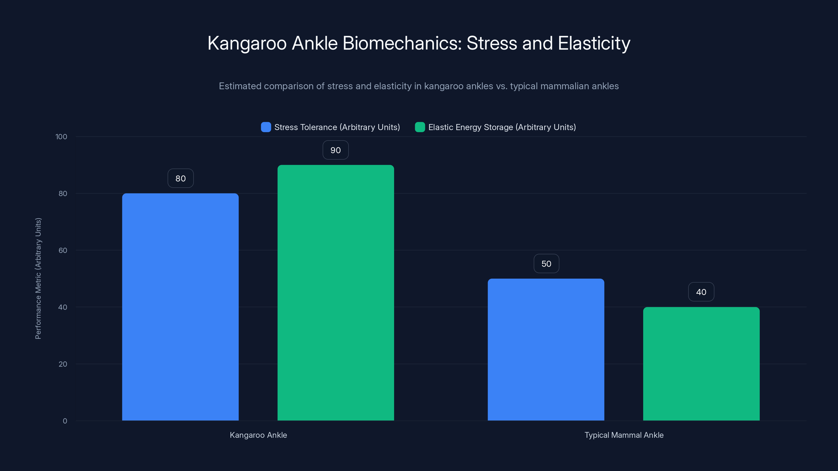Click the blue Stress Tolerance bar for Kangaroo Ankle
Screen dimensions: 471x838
click(x=180, y=307)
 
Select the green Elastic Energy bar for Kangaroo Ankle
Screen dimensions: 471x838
click(x=335, y=293)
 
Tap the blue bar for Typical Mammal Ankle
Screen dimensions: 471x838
click(x=546, y=349)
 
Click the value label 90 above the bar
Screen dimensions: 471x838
click(x=335, y=150)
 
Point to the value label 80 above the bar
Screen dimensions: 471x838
click(x=180, y=178)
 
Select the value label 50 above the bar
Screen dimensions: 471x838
click(x=546, y=263)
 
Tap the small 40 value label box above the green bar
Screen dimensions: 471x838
click(x=701, y=292)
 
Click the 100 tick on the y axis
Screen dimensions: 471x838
click(x=61, y=137)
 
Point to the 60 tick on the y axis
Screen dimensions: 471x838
click(x=63, y=250)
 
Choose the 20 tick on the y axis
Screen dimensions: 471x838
click(x=63, y=364)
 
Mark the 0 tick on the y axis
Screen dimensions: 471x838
click(x=65, y=421)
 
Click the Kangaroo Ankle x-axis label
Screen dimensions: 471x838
click(x=258, y=435)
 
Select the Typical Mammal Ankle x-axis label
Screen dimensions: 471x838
click(x=624, y=435)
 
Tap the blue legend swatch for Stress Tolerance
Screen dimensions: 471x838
click(x=266, y=127)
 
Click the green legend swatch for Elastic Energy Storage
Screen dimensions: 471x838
click(x=420, y=127)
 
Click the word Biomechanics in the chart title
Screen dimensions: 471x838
click(x=402, y=43)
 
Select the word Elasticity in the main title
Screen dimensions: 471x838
click(x=594, y=43)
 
